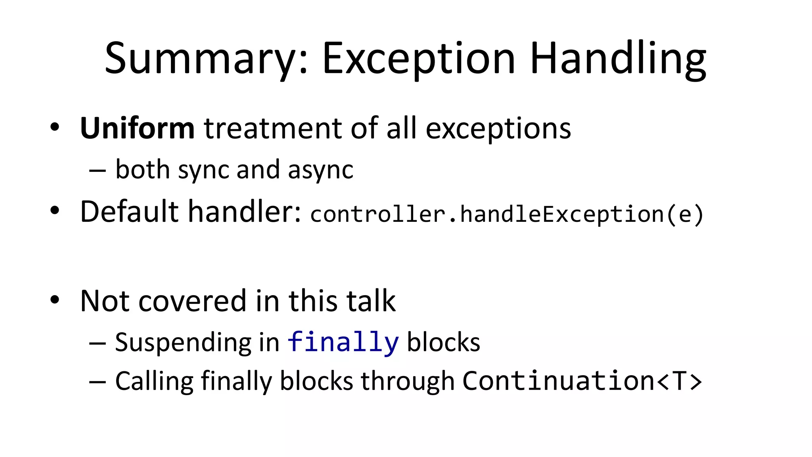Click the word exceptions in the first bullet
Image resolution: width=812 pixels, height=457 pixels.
[x=498, y=129]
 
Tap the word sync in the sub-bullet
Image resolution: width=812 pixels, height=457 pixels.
[x=203, y=170]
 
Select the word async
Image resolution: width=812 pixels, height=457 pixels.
[x=320, y=170]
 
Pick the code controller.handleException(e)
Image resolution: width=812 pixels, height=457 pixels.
[x=507, y=214]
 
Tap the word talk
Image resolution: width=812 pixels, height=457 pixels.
[x=371, y=301]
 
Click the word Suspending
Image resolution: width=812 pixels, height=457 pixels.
[x=183, y=342]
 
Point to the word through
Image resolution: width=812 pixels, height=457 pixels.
[x=407, y=381]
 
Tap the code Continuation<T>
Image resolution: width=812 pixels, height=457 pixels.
[x=582, y=381]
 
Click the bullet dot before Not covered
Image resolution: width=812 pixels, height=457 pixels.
[x=55, y=300]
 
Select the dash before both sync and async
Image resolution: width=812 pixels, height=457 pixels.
[x=98, y=171]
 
